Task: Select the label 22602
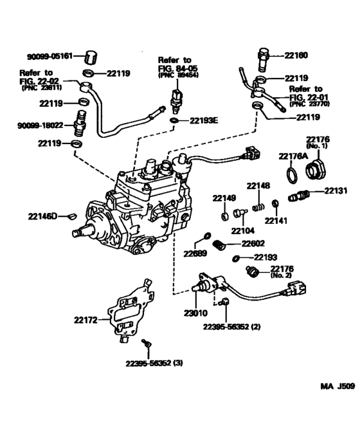coord(255,243)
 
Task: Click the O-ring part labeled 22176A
coord(291,174)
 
